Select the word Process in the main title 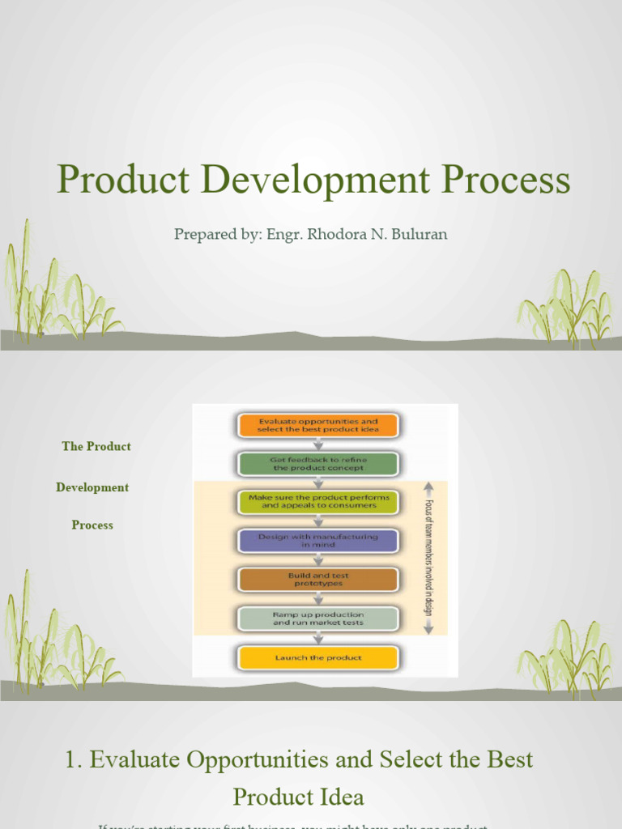pyautogui.click(x=507, y=180)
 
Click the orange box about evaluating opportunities pyautogui.click(x=317, y=425)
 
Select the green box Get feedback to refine pyautogui.click(x=317, y=464)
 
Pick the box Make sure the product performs pyautogui.click(x=317, y=501)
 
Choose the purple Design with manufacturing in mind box pyautogui.click(x=317, y=541)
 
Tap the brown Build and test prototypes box pyautogui.click(x=317, y=580)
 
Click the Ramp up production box pyautogui.click(x=317, y=619)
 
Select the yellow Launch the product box pyautogui.click(x=317, y=657)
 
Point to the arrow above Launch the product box pyautogui.click(x=317, y=638)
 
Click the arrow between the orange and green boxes pyautogui.click(x=317, y=444)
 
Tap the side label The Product pyautogui.click(x=96, y=447)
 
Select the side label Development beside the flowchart pyautogui.click(x=92, y=487)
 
